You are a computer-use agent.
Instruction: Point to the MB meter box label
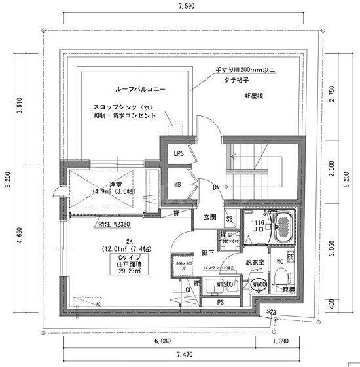coord(178,185)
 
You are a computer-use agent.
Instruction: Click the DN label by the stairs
coord(216,187)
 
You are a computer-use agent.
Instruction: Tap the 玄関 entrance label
coord(209,217)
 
